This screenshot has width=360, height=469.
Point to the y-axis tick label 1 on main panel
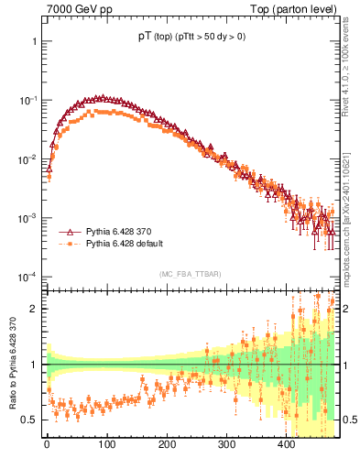pos(34,42)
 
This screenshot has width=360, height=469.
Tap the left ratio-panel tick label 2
pos(34,309)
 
